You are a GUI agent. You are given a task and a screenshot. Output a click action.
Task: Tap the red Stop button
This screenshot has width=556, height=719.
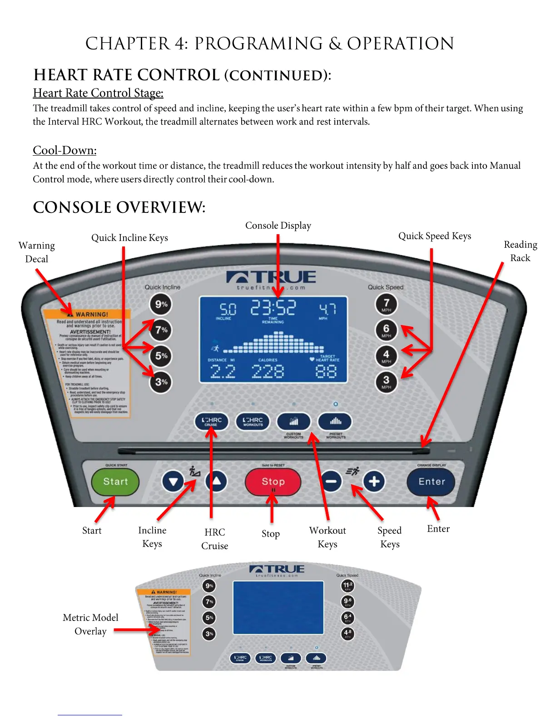(273, 482)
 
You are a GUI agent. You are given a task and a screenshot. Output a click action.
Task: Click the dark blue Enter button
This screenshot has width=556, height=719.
(431, 482)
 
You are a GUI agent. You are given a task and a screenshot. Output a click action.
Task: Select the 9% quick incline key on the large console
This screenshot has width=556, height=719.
(161, 304)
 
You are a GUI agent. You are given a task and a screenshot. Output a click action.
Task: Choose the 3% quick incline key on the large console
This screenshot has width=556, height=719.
(161, 382)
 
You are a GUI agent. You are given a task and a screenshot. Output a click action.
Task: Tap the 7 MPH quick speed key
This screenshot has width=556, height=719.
(386, 304)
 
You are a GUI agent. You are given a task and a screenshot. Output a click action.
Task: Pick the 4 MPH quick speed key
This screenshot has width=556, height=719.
(386, 355)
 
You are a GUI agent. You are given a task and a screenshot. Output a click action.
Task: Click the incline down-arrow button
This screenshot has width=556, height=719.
(173, 481)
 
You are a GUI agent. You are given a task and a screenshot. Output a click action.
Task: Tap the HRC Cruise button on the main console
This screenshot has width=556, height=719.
(211, 421)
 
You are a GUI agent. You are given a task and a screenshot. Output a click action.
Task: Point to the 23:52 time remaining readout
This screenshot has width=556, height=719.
(273, 308)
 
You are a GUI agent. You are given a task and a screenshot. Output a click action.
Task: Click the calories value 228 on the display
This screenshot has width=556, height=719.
(268, 372)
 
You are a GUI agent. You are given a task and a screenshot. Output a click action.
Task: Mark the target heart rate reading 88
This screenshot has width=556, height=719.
(326, 372)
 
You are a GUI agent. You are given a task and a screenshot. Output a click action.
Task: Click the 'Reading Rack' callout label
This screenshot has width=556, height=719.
(521, 251)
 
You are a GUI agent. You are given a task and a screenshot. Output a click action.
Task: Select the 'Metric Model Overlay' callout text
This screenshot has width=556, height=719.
(90, 624)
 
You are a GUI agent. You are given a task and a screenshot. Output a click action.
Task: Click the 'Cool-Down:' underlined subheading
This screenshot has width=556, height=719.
(65, 150)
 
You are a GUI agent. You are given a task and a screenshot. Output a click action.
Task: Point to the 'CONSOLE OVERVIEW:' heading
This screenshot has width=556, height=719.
(119, 207)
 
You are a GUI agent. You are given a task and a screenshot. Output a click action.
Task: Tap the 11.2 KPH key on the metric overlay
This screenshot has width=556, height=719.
(347, 586)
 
